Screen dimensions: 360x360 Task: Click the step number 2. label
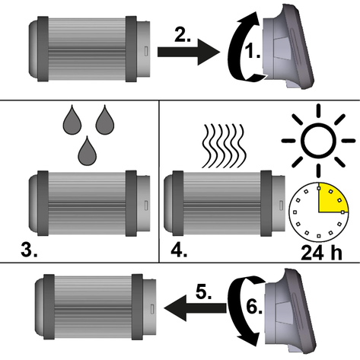tap(183, 35)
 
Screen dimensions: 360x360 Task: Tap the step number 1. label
tap(252, 51)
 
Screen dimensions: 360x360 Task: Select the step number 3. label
tap(29, 250)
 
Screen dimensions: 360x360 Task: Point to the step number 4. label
tap(179, 250)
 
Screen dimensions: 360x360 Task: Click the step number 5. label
tap(203, 292)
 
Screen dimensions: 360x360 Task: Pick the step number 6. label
tap(253, 307)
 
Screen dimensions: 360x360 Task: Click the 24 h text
tap(321, 253)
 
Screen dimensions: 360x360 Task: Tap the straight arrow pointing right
tap(189, 52)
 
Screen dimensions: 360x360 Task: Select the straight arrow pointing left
tap(195, 308)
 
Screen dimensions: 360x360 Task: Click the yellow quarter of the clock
tap(330, 199)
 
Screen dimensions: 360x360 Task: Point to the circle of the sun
tap(318, 140)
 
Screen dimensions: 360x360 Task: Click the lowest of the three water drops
tap(87, 151)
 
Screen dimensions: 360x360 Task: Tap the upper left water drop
tap(72, 119)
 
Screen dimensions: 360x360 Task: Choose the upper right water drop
tap(105, 119)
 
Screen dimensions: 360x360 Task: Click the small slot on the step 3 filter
tap(146, 205)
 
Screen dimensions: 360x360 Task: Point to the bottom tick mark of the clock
tap(319, 236)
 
